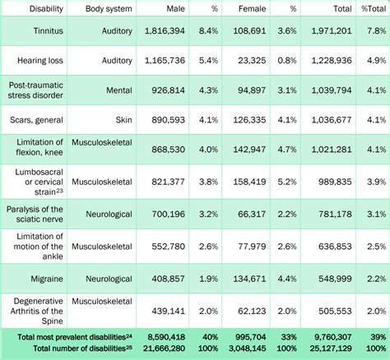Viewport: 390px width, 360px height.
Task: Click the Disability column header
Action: click(35, 8)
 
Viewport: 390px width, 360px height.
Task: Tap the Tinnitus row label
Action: click(35, 31)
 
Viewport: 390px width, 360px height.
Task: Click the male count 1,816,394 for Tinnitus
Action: click(166, 31)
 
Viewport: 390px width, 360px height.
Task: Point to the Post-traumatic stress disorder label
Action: click(35, 91)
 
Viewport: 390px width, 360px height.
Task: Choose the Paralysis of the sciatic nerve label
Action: click(35, 210)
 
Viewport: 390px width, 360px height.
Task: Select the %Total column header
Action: click(374, 8)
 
